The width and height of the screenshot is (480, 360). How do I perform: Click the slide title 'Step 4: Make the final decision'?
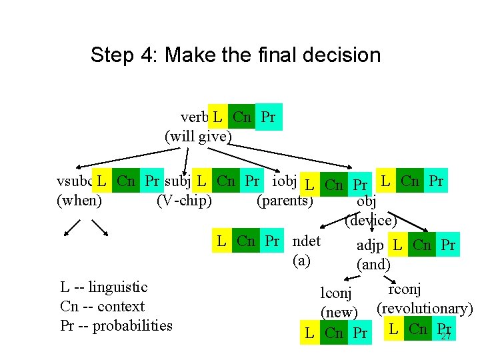pos(235,55)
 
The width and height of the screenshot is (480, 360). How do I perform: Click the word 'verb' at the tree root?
pos(193,118)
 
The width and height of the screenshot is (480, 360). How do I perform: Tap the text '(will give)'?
pos(198,137)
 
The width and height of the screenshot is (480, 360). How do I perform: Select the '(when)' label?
pos(80,200)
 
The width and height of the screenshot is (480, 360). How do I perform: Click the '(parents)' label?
pos(285,200)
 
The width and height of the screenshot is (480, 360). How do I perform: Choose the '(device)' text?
pos(371,219)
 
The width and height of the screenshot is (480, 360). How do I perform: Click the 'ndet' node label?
pos(307,241)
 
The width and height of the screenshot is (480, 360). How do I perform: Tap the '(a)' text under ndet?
pos(302,260)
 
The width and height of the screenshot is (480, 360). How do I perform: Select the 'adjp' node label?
pos(370,245)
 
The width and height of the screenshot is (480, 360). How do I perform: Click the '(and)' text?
pos(373,264)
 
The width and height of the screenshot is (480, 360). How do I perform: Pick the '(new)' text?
pos(340,311)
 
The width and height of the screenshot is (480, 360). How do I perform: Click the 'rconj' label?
pos(404,289)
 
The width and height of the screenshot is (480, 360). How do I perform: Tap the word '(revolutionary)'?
pos(425,309)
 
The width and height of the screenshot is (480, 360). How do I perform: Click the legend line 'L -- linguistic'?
pos(104,287)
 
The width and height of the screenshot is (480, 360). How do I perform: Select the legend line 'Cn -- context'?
pos(102,307)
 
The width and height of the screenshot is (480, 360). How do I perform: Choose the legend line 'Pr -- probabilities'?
pos(116,325)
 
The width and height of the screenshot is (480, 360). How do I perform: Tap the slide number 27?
pos(446,337)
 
